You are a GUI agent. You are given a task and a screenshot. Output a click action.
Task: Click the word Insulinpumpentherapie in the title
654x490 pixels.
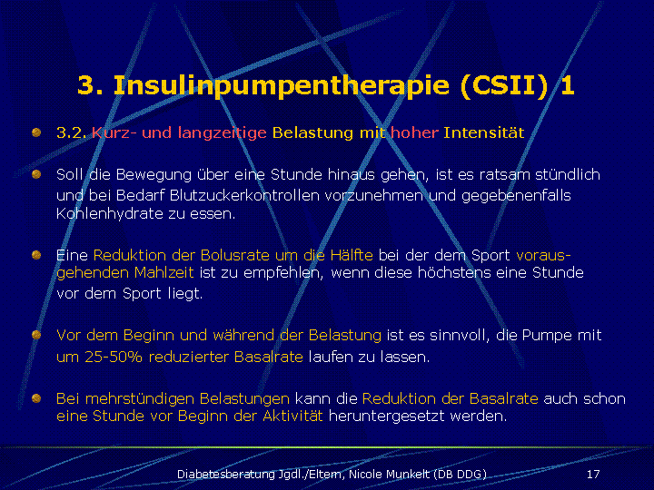click(282, 86)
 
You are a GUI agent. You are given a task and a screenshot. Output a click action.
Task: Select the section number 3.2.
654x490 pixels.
click(72, 132)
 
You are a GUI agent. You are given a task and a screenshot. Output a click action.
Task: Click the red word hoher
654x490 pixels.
click(414, 132)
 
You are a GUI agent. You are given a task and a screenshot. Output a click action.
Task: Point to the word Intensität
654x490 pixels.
click(484, 132)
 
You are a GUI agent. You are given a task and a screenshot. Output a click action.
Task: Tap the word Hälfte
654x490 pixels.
click(352, 255)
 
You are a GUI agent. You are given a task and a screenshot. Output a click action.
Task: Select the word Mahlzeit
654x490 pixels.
click(163, 272)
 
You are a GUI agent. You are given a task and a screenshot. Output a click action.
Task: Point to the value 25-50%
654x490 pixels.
click(114, 357)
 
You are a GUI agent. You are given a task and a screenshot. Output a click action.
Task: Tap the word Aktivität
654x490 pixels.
click(292, 416)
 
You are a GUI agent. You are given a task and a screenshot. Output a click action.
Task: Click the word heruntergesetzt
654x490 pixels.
click(387, 416)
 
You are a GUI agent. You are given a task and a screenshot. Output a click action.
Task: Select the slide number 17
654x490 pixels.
click(593, 475)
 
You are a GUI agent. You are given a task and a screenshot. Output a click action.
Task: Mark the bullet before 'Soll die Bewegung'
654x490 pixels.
click(36, 173)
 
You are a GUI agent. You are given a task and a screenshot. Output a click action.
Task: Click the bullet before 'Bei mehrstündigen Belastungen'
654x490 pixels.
click(36, 398)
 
